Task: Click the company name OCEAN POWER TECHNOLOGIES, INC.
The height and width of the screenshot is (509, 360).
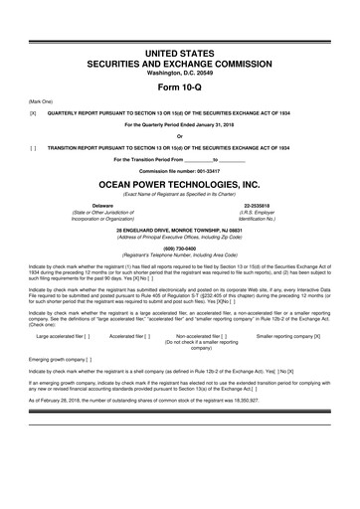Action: pos(180,185)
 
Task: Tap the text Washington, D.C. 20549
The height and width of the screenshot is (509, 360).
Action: pos(180,47)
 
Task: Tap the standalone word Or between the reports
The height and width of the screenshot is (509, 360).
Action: pos(180,136)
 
